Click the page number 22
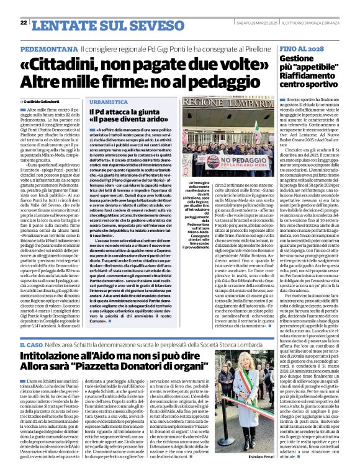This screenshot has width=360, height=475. tap(23, 22)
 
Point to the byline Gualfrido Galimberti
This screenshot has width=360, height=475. tap(47, 101)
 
